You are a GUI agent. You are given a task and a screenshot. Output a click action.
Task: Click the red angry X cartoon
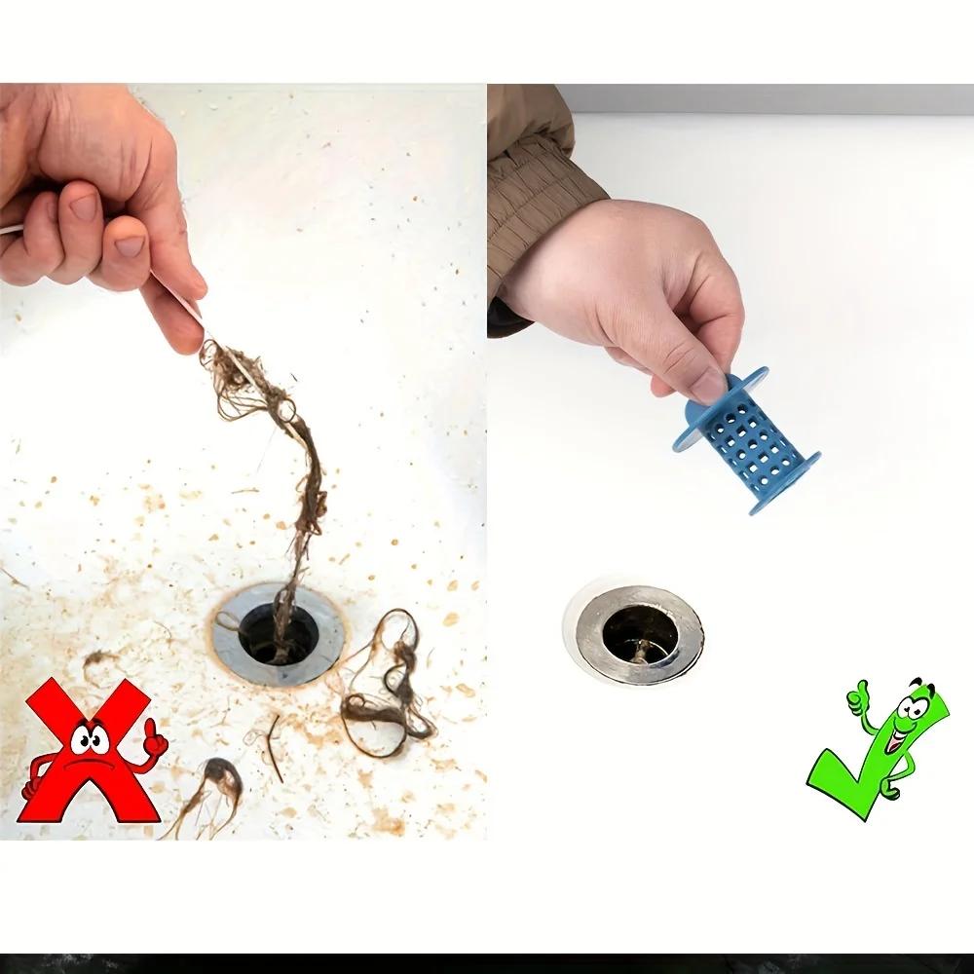pyautogui.click(x=90, y=750)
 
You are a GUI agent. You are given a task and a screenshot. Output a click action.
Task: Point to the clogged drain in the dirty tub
pyautogui.click(x=279, y=631)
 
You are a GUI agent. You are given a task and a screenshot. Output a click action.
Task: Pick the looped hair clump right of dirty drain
pyautogui.click(x=390, y=682)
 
